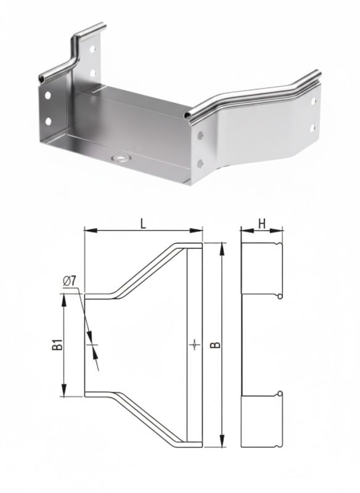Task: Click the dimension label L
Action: tap(144, 224)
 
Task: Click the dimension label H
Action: tap(262, 224)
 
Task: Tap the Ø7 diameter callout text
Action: tap(70, 281)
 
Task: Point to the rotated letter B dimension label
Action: tap(215, 345)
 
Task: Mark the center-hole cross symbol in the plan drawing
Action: tap(195, 345)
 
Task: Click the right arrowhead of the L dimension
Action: tap(196, 230)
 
